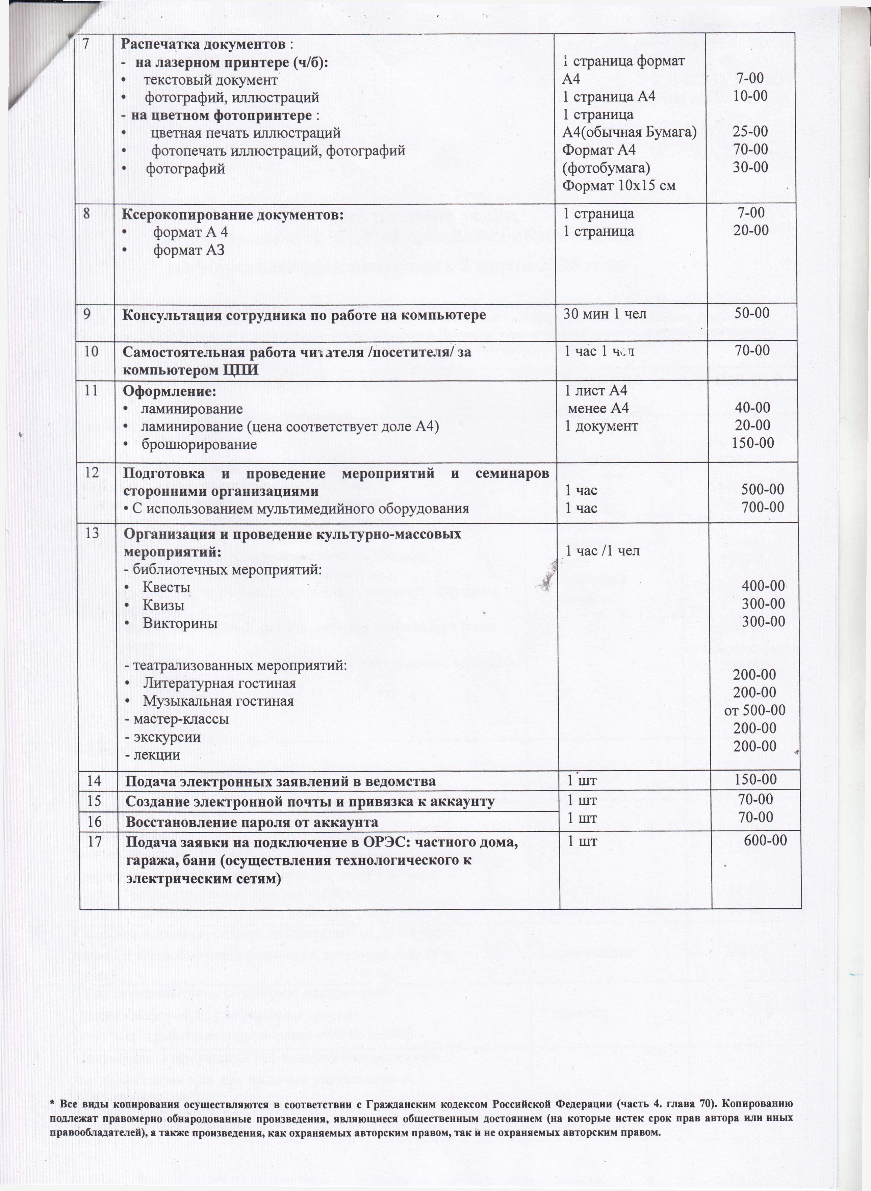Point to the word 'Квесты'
click(166, 587)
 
